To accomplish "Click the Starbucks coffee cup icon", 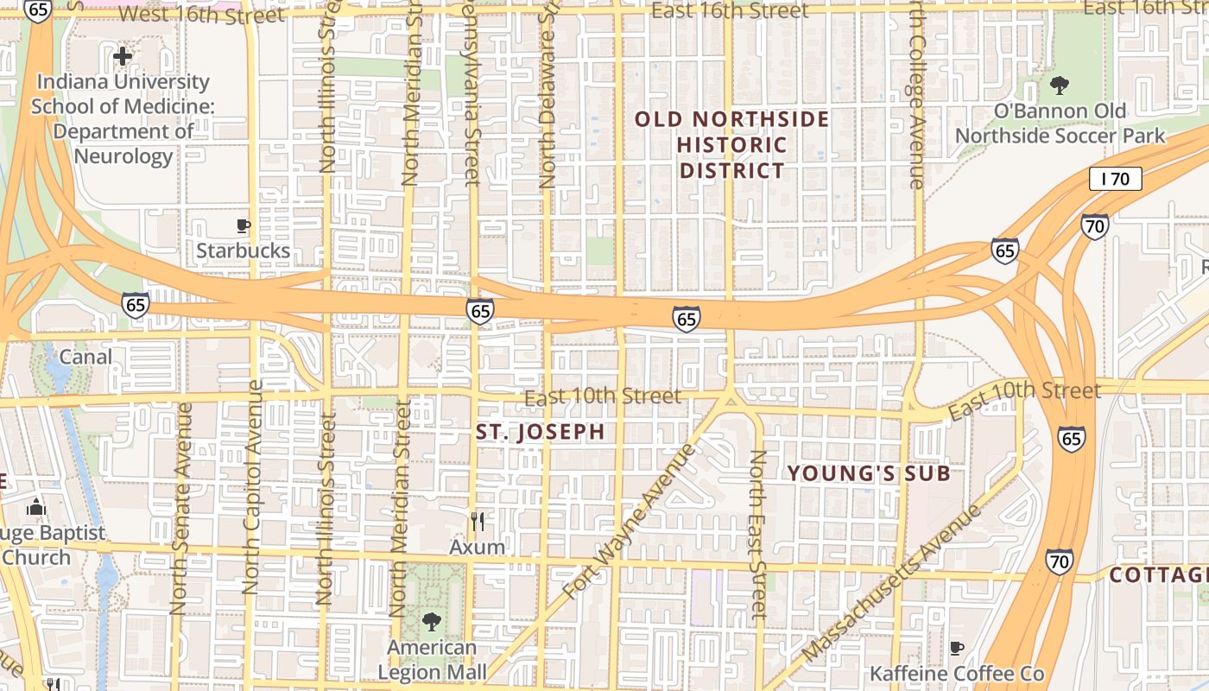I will (244, 226).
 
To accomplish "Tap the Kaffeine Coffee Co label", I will (957, 673).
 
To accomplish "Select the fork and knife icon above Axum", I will (477, 522).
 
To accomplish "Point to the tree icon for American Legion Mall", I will (431, 621).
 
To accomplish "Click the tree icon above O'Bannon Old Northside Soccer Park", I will (1059, 86).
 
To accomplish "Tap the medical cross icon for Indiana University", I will (123, 57).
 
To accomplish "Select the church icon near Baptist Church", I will (35, 507).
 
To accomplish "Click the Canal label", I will (85, 357).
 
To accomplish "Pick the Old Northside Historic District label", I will (732, 144).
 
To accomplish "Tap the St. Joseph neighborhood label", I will (541, 433).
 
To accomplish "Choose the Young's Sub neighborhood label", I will (869, 473).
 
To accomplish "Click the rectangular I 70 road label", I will (1116, 180).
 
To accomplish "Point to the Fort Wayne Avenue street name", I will (628, 523).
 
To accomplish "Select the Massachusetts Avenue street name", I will (893, 584).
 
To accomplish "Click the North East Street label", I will (757, 536).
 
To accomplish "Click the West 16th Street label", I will (200, 15).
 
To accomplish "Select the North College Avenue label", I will (915, 95).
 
